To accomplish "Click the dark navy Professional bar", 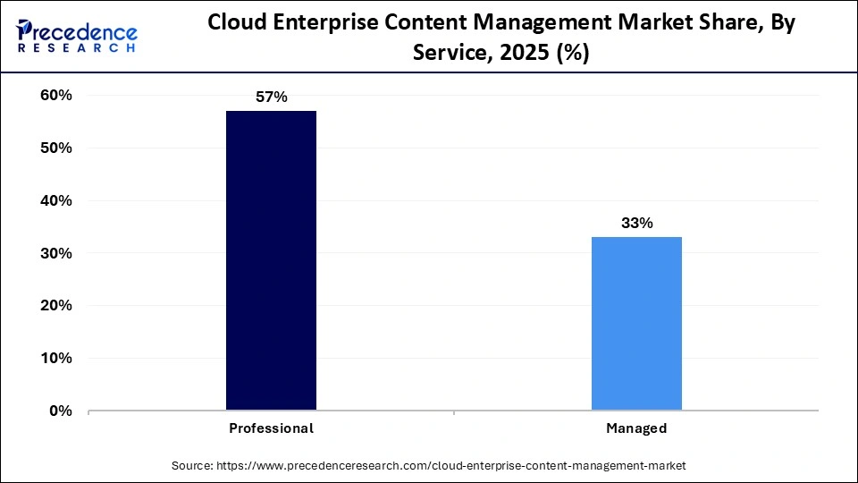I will pyautogui.click(x=271, y=260).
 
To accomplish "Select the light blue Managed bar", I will pyautogui.click(x=636, y=323).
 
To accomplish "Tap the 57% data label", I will pyautogui.click(x=271, y=97).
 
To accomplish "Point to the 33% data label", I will pyautogui.click(x=636, y=223).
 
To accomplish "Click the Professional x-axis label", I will pyautogui.click(x=271, y=428).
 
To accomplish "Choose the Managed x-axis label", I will pyautogui.click(x=636, y=428).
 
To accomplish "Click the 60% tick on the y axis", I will pyautogui.click(x=55, y=96).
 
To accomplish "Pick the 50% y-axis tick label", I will pyautogui.click(x=55, y=148).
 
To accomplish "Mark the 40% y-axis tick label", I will pyautogui.click(x=55, y=201).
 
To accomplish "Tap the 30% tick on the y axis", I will pyautogui.click(x=55, y=254).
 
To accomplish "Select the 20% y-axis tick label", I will pyautogui.click(x=55, y=306).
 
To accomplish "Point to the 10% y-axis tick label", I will pyautogui.click(x=55, y=359).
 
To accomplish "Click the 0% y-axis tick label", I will pyautogui.click(x=60, y=411).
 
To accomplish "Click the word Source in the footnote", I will pyautogui.click(x=191, y=466).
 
